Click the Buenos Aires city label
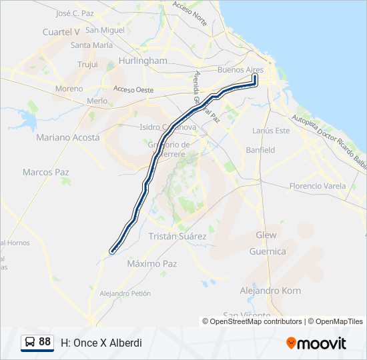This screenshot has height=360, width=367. (x=240, y=70)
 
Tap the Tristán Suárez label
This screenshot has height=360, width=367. (x=177, y=237)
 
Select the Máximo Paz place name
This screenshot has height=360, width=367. (x=152, y=264)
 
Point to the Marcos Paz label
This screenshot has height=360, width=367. (x=46, y=172)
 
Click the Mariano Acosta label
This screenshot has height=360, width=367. (x=68, y=137)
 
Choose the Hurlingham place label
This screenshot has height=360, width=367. (x=143, y=61)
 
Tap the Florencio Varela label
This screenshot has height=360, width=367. (x=318, y=186)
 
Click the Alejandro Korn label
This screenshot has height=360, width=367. (x=270, y=291)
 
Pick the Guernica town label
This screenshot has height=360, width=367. (x=267, y=252)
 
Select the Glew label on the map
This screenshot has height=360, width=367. (x=266, y=235)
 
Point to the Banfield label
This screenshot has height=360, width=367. (x=260, y=150)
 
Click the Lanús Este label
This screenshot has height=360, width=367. (x=271, y=131)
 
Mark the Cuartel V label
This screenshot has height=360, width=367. (x=61, y=31)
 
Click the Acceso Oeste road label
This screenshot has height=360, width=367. (x=133, y=90)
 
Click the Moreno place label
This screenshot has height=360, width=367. (x=69, y=89)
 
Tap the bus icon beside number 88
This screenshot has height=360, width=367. (x=30, y=343)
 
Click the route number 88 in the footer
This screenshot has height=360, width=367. (x=45, y=342)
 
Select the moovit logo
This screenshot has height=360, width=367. (x=316, y=343)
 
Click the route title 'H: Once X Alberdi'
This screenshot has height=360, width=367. (x=101, y=343)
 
